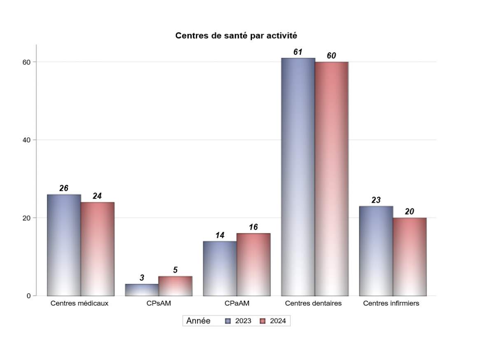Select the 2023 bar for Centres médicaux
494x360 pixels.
tap(64, 245)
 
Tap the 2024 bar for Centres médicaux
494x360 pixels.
tap(98, 249)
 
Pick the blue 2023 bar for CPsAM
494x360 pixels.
tap(142, 290)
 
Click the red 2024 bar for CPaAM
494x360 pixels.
tap(253, 264)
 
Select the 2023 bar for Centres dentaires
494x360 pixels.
tap(298, 177)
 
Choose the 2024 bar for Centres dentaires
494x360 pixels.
tap(331, 179)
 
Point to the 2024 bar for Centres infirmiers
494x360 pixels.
tap(410, 257)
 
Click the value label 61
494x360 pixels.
tap(298, 52)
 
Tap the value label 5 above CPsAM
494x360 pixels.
tap(175, 270)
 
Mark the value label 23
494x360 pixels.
tap(376, 200)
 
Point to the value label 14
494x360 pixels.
tap(220, 236)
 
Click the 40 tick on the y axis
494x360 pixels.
tap(27, 140)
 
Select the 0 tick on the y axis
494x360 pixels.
tap(29, 296)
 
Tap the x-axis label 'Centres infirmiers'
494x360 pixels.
tap(391, 304)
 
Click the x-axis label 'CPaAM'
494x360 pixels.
tap(237, 304)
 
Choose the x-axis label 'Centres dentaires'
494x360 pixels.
tap(313, 304)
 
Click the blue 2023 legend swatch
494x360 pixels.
tap(228, 321)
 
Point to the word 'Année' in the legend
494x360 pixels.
tap(198, 321)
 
